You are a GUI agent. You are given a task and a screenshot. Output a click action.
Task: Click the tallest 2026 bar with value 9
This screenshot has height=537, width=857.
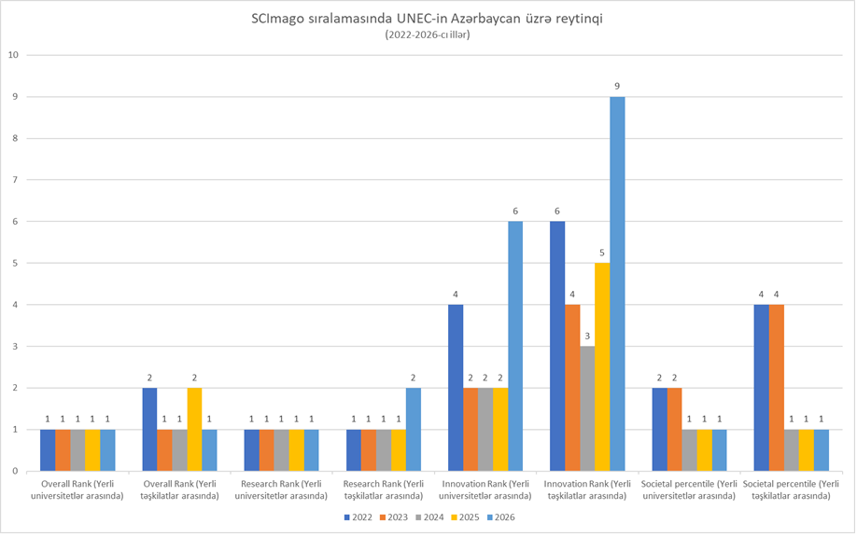tap(617, 283)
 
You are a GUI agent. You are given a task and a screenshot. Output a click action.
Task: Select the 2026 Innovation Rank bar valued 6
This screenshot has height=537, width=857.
tap(515, 346)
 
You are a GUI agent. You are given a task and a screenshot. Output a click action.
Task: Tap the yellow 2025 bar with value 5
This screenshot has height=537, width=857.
tap(602, 366)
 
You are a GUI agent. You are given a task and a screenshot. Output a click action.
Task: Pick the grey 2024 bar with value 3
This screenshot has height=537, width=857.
tap(587, 408)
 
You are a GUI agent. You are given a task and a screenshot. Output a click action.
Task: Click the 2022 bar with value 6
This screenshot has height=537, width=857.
tap(557, 346)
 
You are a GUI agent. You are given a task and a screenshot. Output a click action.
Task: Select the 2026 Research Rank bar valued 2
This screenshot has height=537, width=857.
tap(414, 429)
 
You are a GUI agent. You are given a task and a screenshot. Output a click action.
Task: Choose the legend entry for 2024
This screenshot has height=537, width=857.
tap(428, 517)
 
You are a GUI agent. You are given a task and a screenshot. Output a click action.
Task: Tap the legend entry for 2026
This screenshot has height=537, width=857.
tap(499, 517)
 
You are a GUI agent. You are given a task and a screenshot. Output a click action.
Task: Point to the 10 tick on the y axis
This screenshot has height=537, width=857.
tap(13, 54)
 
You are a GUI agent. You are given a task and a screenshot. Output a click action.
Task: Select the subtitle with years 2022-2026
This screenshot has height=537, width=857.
tap(427, 35)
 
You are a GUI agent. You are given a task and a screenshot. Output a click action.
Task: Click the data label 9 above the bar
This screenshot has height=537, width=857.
tap(617, 87)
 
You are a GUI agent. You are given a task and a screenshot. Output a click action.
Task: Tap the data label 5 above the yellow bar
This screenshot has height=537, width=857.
tap(602, 253)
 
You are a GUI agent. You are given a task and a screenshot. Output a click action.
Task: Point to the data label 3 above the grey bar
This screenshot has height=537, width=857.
tap(587, 337)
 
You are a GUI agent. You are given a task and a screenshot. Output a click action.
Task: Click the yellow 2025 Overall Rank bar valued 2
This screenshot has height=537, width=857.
tap(194, 429)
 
